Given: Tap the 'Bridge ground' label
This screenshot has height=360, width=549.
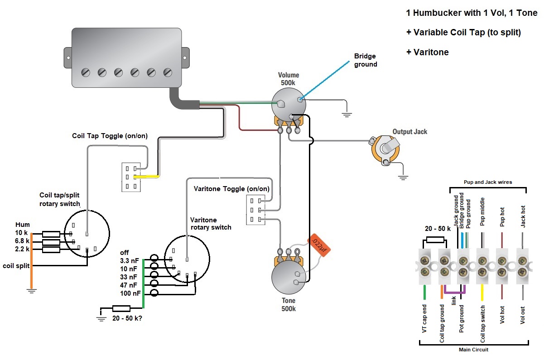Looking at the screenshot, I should point(365,61).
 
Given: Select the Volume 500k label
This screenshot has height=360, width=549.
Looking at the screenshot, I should point(288,79).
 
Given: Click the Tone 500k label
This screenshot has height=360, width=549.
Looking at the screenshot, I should point(288,304).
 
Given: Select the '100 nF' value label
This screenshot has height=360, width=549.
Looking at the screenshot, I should point(130,293).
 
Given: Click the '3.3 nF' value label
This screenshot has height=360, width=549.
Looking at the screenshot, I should point(130,260).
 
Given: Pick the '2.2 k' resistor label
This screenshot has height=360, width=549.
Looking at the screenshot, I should point(22,249).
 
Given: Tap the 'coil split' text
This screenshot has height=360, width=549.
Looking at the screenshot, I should point(16,265).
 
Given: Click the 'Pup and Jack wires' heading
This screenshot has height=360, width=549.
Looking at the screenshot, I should point(488,182).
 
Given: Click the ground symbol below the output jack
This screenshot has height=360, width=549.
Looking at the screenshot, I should point(403,177).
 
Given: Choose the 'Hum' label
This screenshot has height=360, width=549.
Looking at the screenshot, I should point(23,225).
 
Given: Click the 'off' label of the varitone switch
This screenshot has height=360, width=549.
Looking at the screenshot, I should point(125,252).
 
